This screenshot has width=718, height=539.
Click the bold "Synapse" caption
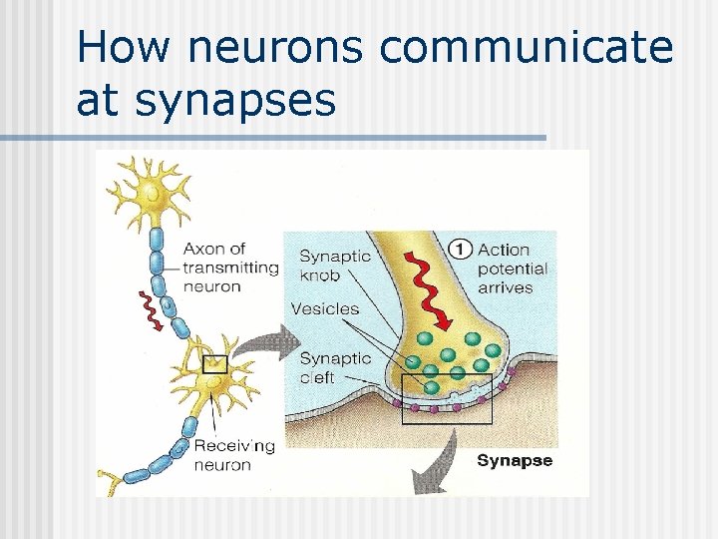[x=515, y=460]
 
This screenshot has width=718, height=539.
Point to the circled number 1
[x=460, y=250]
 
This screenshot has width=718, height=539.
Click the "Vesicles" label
[x=324, y=308]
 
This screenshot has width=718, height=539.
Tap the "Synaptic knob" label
[x=335, y=265]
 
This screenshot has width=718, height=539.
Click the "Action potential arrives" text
[x=513, y=269]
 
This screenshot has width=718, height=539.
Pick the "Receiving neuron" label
[x=234, y=454]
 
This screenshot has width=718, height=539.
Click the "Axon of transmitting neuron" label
[x=229, y=268]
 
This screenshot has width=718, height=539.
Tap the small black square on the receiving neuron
[x=214, y=364]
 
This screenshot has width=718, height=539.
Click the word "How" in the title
[x=119, y=48]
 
